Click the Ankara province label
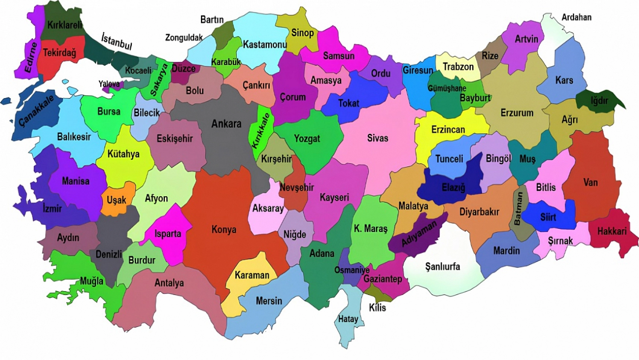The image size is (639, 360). (x=226, y=124)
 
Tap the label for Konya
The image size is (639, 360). (x=224, y=230)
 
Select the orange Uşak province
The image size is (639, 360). (x=116, y=200)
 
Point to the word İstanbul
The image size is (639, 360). (x=117, y=41)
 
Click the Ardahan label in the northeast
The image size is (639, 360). (x=576, y=17)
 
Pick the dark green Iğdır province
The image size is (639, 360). (x=599, y=101)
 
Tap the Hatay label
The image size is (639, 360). (x=348, y=319)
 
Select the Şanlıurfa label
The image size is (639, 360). (x=443, y=266)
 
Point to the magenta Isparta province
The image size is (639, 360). (x=168, y=234)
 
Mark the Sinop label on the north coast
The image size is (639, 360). (x=302, y=33)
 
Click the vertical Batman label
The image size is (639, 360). (x=519, y=208)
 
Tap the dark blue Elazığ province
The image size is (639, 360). (x=454, y=186)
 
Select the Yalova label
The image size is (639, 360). (x=109, y=84)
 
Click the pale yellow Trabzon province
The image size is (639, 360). (x=458, y=67)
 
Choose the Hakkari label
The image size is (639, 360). (x=612, y=231)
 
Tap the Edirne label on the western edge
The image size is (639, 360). (x=31, y=57)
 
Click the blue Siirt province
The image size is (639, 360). (x=548, y=217)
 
